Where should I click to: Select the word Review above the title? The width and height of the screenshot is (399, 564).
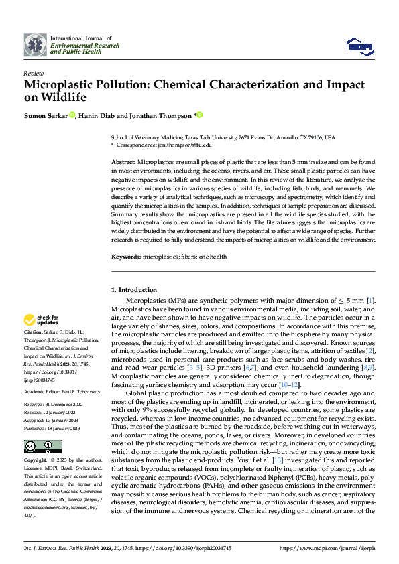coord(34,73)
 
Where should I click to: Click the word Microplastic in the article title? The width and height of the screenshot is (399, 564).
coord(62,85)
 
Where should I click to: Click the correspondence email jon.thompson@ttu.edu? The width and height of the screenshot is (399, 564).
coord(184,144)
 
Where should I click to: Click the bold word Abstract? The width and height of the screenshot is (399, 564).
coord(123,163)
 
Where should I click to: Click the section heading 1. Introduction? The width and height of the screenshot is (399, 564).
coord(133,289)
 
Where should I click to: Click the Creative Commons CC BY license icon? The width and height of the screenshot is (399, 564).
coord(42,447)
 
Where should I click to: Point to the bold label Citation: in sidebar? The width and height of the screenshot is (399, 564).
coord(33,332)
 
